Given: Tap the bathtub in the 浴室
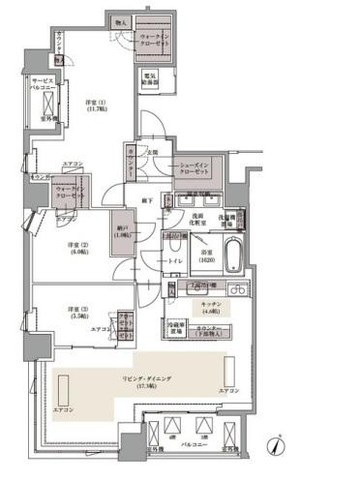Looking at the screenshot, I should pyautogui.click(x=233, y=258).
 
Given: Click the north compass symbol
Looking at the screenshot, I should pyautogui.click(x=277, y=446).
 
